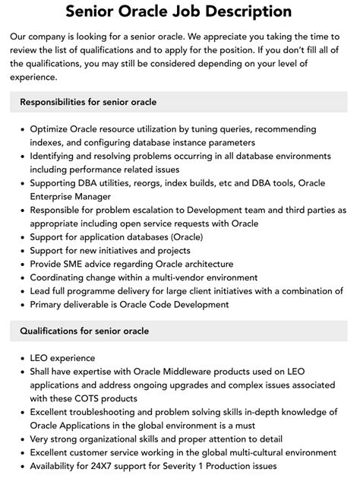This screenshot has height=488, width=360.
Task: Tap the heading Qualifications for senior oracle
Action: pyautogui.click(x=84, y=331)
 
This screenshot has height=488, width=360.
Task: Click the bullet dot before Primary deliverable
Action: pyautogui.click(x=22, y=304)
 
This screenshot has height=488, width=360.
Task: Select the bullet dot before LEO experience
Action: pyautogui.click(x=22, y=357)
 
